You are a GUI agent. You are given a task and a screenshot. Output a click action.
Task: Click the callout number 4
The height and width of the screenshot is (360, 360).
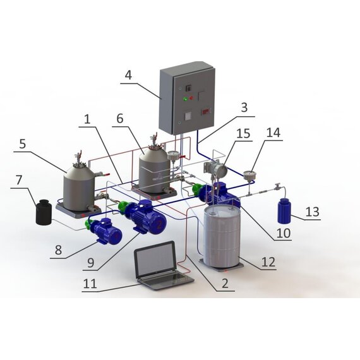coord(129,75)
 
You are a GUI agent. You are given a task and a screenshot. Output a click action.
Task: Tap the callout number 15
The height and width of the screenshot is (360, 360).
coord(243,133)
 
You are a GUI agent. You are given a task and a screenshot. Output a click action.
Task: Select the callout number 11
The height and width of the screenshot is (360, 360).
coord(90,284)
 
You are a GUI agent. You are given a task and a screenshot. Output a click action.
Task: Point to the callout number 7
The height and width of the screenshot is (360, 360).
coord(19,180)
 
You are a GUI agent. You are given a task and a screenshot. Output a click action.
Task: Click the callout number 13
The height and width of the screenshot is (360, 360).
coord(313,212)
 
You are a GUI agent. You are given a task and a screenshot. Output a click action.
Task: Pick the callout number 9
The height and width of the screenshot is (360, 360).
coord(91,263)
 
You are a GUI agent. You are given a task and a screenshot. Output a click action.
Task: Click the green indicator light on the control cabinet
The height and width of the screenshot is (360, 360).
coord(185,99)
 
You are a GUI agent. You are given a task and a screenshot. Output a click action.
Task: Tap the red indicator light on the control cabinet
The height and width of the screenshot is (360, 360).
coord(191,99)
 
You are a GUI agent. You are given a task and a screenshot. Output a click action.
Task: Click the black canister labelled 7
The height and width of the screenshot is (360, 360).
coord(44,213)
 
